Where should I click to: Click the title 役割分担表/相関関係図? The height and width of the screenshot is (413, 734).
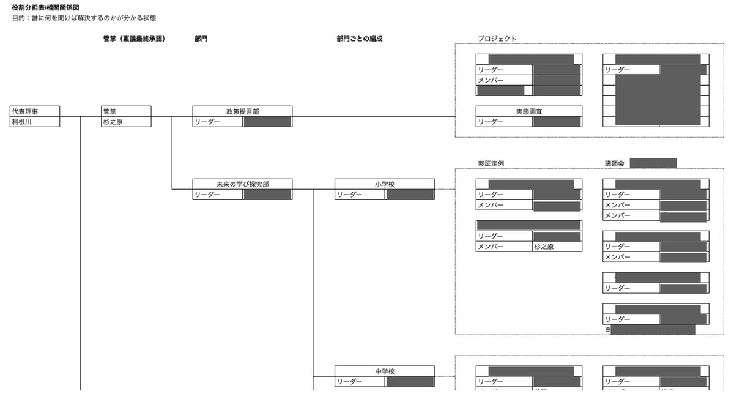(x=46, y=7)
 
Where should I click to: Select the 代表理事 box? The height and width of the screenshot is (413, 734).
(x=35, y=111)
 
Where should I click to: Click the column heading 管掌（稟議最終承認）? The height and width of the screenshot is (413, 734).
(x=134, y=39)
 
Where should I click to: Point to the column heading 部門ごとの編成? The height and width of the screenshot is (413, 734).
(x=359, y=39)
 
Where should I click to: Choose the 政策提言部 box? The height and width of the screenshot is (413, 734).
(x=242, y=111)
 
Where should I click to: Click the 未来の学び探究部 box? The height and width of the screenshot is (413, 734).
(x=242, y=184)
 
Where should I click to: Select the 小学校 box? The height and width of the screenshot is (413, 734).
(x=385, y=184)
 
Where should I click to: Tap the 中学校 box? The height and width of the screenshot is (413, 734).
(x=385, y=371)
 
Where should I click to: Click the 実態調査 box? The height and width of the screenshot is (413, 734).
(x=529, y=111)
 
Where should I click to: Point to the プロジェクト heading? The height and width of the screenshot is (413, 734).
(x=497, y=39)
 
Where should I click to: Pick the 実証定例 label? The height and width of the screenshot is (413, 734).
(x=491, y=163)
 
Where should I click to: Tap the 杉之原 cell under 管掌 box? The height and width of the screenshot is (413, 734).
(x=114, y=122)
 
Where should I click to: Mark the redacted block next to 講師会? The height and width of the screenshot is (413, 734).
(x=653, y=163)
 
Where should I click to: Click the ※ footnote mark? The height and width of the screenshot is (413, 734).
(x=608, y=329)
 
